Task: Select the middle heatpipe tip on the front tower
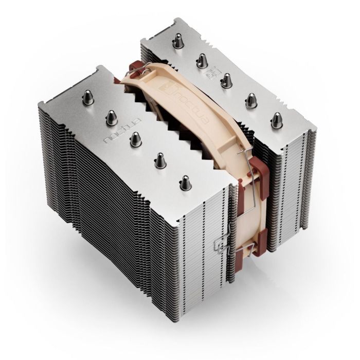click(135, 137)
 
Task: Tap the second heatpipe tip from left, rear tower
click(199, 61)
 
